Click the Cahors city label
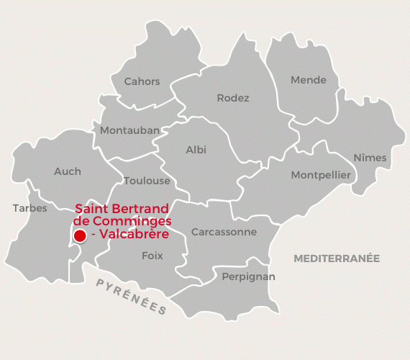(x=142, y=81)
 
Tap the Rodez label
(x=233, y=98)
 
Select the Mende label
(x=308, y=80)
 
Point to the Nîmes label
(x=370, y=158)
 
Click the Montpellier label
(x=321, y=175)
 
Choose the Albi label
(x=196, y=150)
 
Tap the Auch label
(x=68, y=171)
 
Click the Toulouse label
(x=147, y=181)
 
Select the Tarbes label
(x=29, y=208)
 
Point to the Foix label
(x=152, y=256)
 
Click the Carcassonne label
(x=224, y=232)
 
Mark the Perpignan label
(x=248, y=276)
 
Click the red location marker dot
(x=79, y=235)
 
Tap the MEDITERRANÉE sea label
(x=336, y=258)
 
